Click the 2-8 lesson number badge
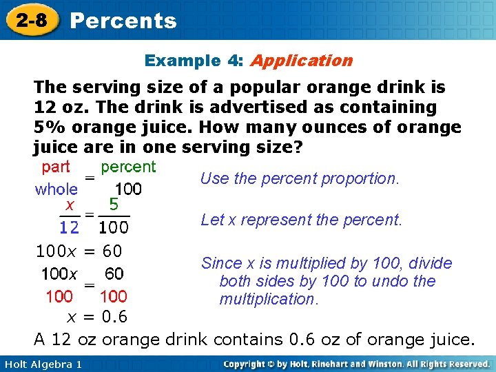[x=33, y=21]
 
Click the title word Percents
[x=123, y=21]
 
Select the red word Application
[x=301, y=61]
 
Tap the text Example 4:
[x=194, y=61]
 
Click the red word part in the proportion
[x=56, y=167]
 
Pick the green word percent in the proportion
[x=128, y=167]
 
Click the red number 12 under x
[x=69, y=227]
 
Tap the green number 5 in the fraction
[x=114, y=205]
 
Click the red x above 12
[x=70, y=205]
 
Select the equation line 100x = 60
[x=79, y=251]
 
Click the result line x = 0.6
[x=97, y=318]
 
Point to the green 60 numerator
[x=114, y=274]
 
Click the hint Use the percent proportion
[x=300, y=178]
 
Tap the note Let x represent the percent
[x=301, y=220]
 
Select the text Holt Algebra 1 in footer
[x=42, y=364]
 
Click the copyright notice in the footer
[x=356, y=364]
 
